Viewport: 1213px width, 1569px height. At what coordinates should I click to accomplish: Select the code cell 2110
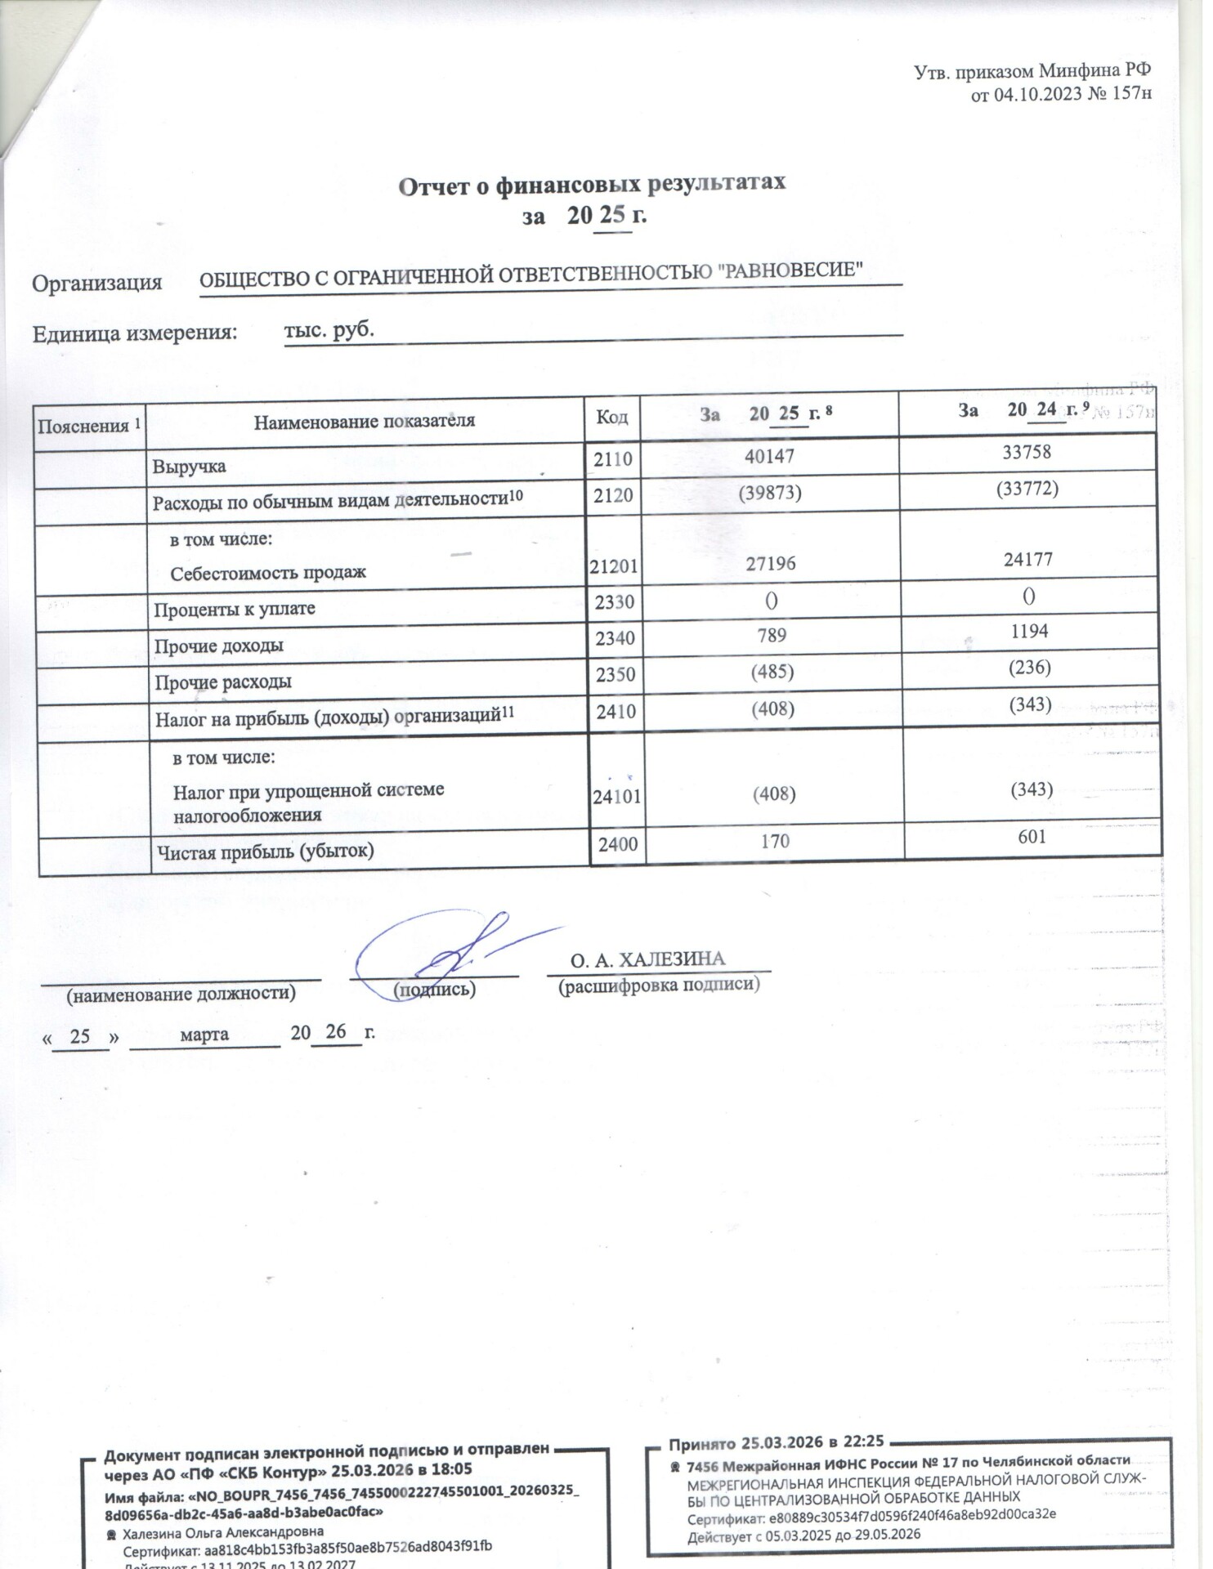(613, 458)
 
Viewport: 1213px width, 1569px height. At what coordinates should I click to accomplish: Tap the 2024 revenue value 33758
(1027, 452)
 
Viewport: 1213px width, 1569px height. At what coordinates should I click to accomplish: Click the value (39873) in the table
(769, 493)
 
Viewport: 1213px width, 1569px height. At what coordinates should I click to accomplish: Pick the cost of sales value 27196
(770, 564)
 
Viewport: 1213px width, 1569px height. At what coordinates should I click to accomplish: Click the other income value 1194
(1028, 631)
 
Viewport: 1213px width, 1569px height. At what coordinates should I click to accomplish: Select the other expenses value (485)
(772, 672)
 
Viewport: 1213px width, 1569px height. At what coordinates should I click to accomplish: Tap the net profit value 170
(775, 840)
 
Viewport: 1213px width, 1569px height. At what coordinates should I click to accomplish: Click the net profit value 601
(1032, 836)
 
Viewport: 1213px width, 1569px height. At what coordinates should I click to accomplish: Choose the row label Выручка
(189, 467)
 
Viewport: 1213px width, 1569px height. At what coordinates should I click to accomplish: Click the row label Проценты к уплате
(235, 609)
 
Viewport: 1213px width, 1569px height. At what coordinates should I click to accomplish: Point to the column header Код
(611, 417)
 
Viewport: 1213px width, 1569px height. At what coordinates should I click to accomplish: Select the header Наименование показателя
(364, 422)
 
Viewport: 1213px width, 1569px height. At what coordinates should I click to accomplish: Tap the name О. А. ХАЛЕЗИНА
(647, 959)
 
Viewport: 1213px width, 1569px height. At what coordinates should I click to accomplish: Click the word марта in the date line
(204, 1035)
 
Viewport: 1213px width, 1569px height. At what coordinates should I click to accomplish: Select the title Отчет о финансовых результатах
(592, 184)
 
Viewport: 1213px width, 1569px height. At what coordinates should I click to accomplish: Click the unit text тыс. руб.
(329, 329)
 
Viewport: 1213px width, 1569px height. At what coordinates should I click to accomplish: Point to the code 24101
(616, 796)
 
